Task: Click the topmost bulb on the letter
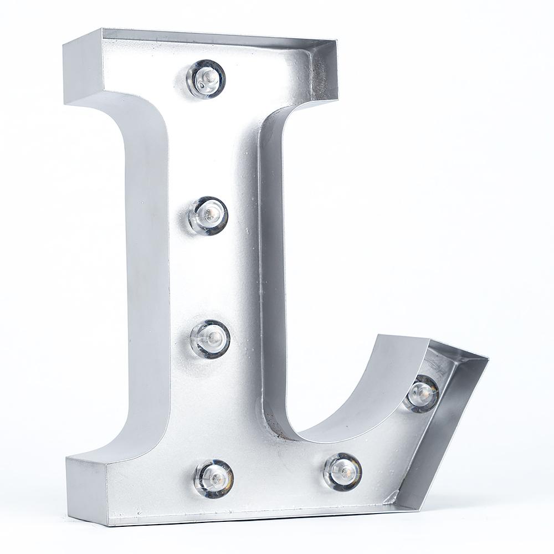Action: click(206, 79)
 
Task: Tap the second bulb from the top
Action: click(208, 215)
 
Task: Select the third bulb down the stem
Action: click(211, 338)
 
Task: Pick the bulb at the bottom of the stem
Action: click(214, 478)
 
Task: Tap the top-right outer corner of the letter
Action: click(337, 40)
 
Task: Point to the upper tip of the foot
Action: click(378, 335)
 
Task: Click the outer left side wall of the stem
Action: click(147, 277)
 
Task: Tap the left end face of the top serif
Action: click(83, 69)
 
